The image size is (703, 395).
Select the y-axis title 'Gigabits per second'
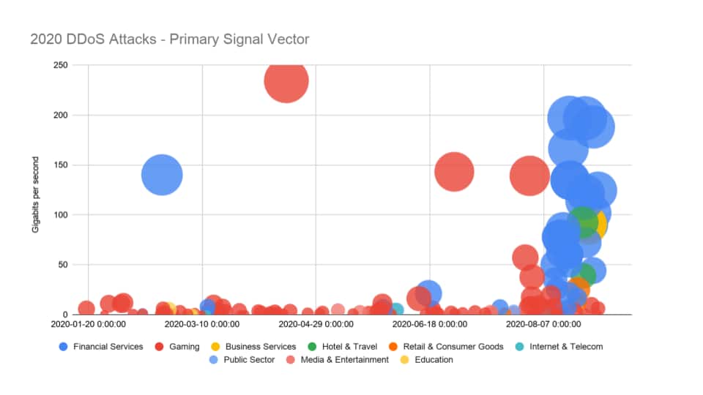tap(35, 190)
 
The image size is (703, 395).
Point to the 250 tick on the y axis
tap(59, 65)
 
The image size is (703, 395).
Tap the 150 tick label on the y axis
tap(59, 165)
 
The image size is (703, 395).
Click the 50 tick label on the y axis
tap(62, 265)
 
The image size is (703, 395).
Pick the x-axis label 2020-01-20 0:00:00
tap(88, 323)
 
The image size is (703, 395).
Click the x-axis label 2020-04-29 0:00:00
tap(316, 323)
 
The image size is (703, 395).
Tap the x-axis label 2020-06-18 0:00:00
tap(431, 323)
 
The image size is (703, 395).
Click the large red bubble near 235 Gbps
tap(286, 80)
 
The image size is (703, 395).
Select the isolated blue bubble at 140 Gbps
tap(162, 175)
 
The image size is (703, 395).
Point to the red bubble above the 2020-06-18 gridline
tap(454, 172)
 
